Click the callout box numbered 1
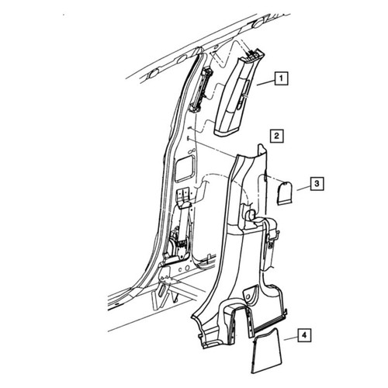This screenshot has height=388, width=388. (x=281, y=78)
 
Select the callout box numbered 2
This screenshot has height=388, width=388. (x=276, y=136)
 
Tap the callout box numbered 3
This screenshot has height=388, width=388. (x=317, y=184)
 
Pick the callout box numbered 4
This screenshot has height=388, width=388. (x=304, y=335)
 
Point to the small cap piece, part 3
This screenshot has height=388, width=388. (x=285, y=193)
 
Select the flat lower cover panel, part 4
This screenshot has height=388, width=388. (x=266, y=351)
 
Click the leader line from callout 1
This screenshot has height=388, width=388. (x=265, y=83)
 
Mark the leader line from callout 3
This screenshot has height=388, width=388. (x=303, y=189)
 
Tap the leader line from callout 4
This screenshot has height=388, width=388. (x=290, y=338)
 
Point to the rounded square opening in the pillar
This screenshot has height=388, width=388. (x=185, y=168)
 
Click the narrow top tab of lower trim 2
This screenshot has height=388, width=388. (x=262, y=151)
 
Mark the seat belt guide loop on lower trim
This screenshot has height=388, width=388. (x=250, y=216)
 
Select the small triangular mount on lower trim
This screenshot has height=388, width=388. (x=250, y=293)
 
